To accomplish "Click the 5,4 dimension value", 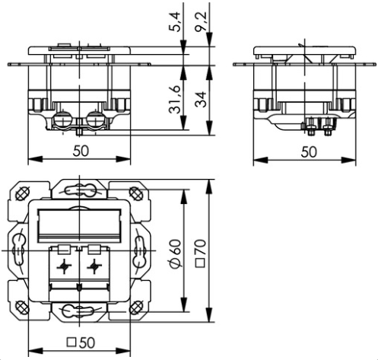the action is click(x=176, y=22).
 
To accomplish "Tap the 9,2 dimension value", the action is click(x=201, y=22).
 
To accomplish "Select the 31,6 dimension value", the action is click(x=176, y=100).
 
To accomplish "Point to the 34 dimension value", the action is click(x=201, y=100).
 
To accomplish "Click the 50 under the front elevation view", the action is click(x=81, y=151).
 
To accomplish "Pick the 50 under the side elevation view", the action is click(x=309, y=152).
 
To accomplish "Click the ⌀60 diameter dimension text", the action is click(x=176, y=253).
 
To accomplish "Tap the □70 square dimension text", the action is click(x=201, y=253).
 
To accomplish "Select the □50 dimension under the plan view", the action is click(x=81, y=342).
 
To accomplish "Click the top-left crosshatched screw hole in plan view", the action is click(x=21, y=194).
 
